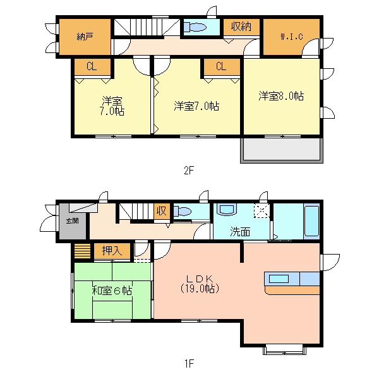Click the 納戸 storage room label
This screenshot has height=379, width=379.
pyautogui.click(x=85, y=37)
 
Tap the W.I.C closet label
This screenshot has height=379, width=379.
pyautogui.click(x=292, y=37)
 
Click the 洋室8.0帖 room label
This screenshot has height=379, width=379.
pyautogui.click(x=281, y=96)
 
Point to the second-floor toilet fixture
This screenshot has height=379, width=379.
pyautogui.click(x=196, y=27)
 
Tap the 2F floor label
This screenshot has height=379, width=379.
pyautogui.click(x=188, y=169)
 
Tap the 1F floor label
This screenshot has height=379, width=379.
pyautogui.click(x=188, y=363)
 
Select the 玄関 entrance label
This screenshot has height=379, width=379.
pyautogui.click(x=72, y=221)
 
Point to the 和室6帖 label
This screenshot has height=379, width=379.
pyautogui.click(x=112, y=291)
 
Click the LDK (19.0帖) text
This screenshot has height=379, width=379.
pyautogui.click(x=199, y=284)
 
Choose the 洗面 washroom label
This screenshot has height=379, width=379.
pyautogui.click(x=240, y=231)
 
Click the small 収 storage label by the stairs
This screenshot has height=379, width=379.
pyautogui.click(x=162, y=211)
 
